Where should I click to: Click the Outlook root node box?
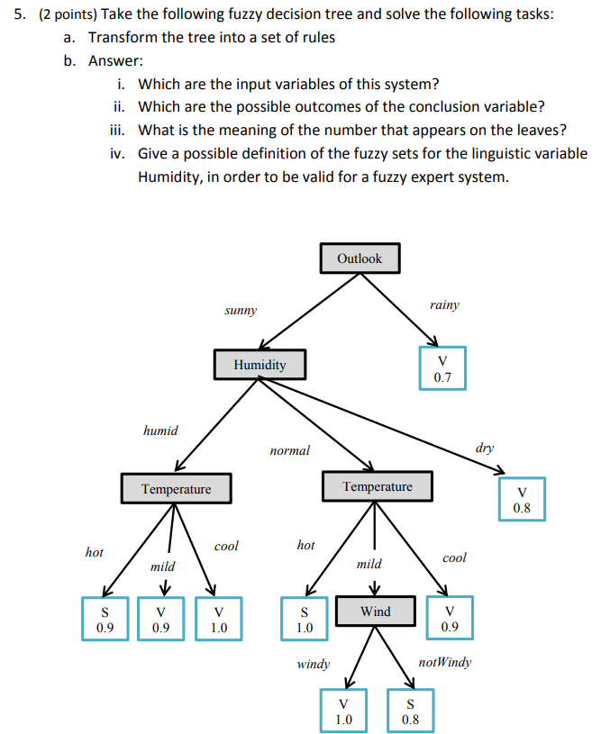tap(359, 258)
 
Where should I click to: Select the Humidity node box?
tap(260, 365)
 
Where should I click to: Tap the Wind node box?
tap(376, 612)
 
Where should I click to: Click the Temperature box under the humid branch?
tap(176, 489)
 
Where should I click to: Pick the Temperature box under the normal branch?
tap(377, 487)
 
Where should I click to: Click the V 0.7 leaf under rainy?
tap(442, 369)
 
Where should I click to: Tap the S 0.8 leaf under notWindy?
tap(410, 711)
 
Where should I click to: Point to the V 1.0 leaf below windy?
tap(342, 711)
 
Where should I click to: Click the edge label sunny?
tap(241, 311)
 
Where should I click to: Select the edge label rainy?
tap(444, 305)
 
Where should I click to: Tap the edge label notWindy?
tap(445, 663)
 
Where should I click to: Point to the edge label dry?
tap(485, 448)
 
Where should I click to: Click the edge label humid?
tap(160, 430)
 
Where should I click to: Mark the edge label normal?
tap(289, 450)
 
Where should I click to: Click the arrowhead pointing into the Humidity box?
tap(264, 344)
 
